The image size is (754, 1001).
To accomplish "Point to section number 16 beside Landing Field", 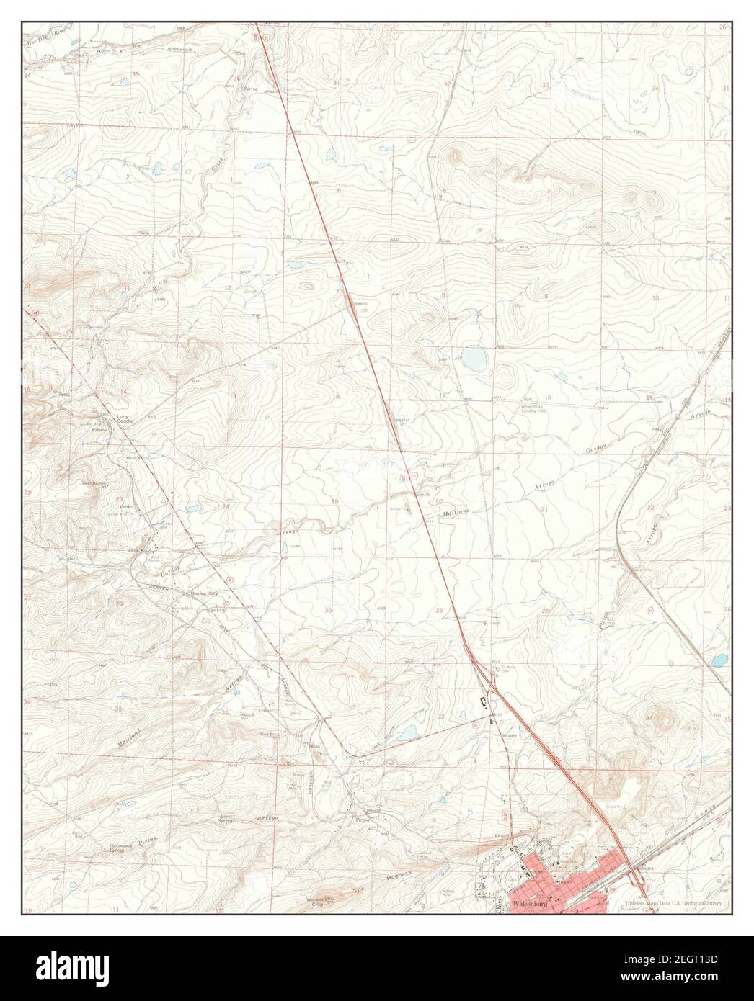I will [548, 398].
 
